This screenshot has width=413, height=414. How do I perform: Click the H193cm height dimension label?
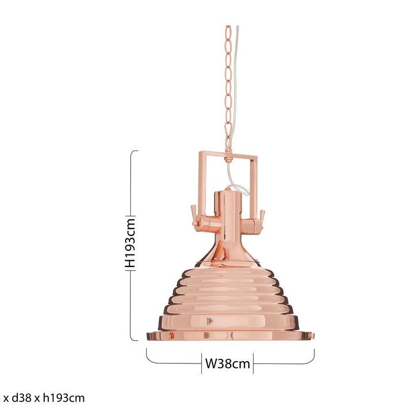(x=130, y=243)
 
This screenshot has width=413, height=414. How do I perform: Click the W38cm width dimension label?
(x=227, y=363)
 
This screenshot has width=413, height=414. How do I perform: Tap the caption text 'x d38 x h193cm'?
(x=44, y=398)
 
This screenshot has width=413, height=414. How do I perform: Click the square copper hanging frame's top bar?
(x=228, y=155)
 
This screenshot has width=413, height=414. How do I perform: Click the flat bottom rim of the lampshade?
(x=230, y=336)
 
